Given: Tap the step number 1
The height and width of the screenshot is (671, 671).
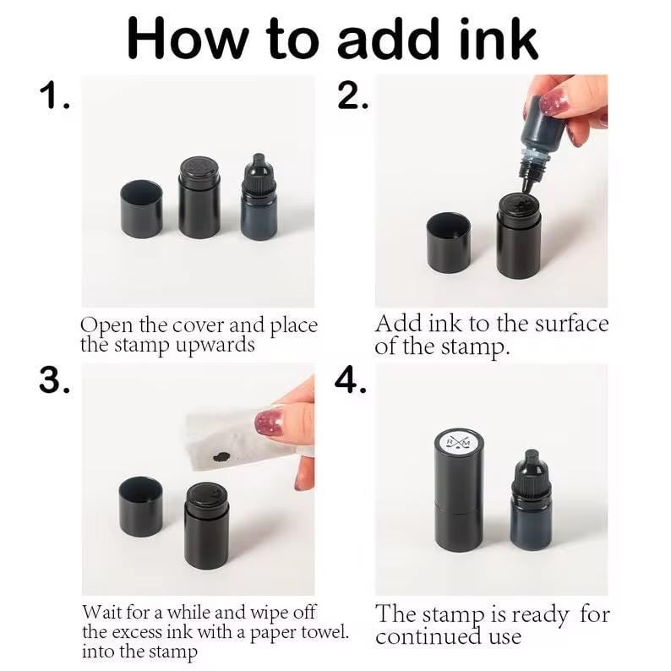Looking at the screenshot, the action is tap(54, 95).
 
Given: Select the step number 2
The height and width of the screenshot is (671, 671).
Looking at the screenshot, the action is tap(352, 95).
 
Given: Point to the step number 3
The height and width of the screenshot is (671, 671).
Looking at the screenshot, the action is tap(53, 380).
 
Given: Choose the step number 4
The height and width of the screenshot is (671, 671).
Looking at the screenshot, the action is tap(351, 380).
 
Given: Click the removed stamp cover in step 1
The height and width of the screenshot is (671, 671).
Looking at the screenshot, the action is tap(142, 209).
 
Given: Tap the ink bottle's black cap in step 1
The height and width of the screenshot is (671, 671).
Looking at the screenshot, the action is tap(258, 175).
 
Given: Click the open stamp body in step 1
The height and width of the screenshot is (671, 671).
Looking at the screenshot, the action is tap(199, 198).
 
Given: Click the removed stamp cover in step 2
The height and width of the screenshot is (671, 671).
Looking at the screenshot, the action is tap(449, 243).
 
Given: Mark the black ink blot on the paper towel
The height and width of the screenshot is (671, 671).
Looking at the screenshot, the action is tap(221, 456).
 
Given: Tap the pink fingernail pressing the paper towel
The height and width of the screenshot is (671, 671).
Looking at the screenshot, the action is tap(270, 422).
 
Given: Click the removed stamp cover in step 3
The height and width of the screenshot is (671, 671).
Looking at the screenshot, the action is tap(141, 507).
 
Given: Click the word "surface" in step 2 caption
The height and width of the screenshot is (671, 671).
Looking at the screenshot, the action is tap(572, 324).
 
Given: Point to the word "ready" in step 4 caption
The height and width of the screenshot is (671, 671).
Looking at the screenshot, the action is tap(541, 615).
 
